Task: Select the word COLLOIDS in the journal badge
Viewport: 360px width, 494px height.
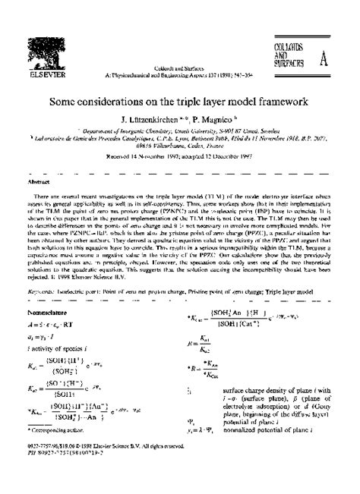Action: coord(289,48)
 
